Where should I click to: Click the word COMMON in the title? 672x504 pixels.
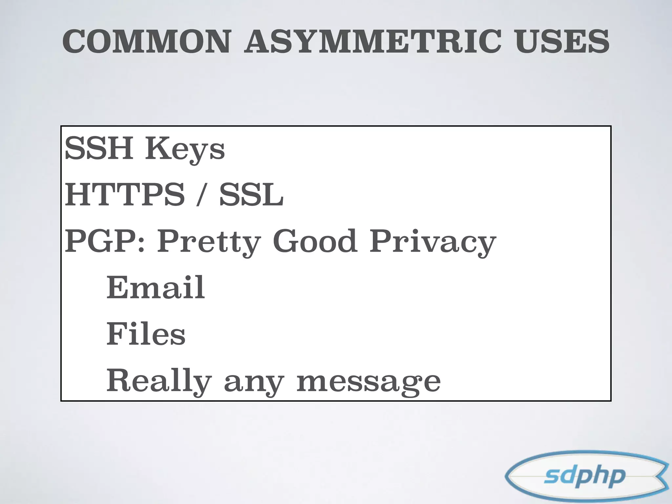(x=147, y=42)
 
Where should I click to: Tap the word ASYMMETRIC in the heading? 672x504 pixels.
(x=372, y=42)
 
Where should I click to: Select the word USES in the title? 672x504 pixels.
(x=562, y=42)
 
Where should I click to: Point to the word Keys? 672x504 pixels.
(x=185, y=150)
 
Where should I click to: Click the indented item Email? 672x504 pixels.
(x=156, y=287)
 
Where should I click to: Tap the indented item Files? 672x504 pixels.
(x=146, y=334)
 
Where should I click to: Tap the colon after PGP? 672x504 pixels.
(x=141, y=245)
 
